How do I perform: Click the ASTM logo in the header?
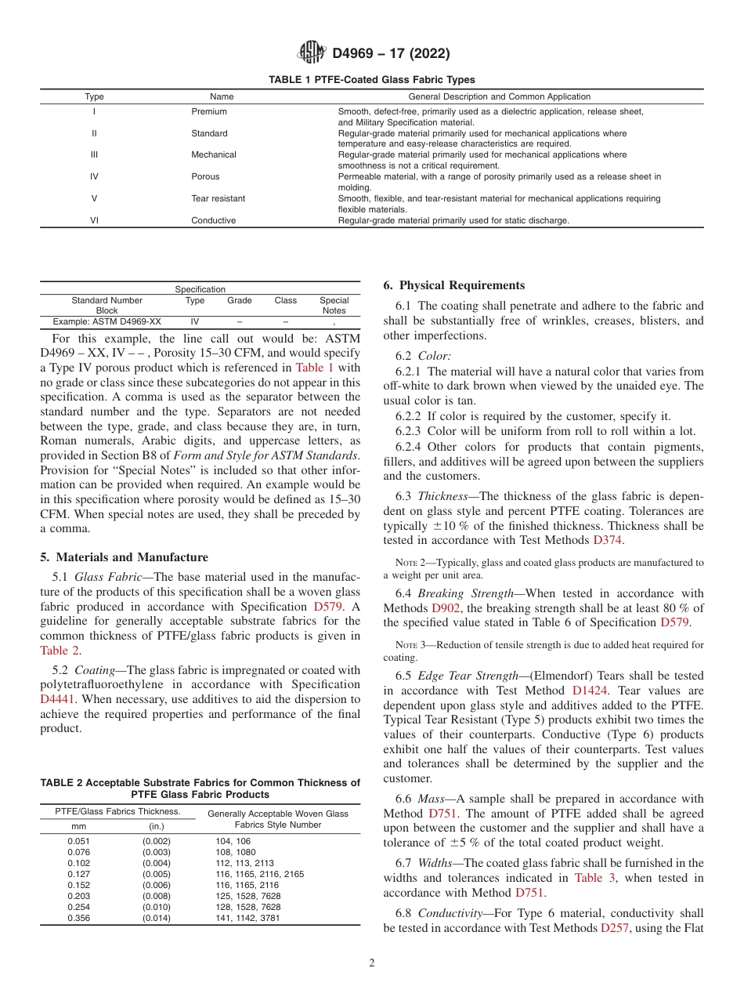click(x=313, y=53)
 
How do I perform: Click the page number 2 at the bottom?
click(x=372, y=963)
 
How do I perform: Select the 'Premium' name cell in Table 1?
click(x=209, y=111)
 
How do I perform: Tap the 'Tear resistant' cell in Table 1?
click(x=218, y=198)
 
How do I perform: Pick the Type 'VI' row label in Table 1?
click(x=94, y=220)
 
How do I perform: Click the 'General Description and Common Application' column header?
click(x=500, y=96)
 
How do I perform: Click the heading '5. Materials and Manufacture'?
click(x=124, y=557)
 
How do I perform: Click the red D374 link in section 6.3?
click(x=609, y=540)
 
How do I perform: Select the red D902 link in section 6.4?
click(x=446, y=607)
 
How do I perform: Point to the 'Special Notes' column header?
click(x=334, y=306)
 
